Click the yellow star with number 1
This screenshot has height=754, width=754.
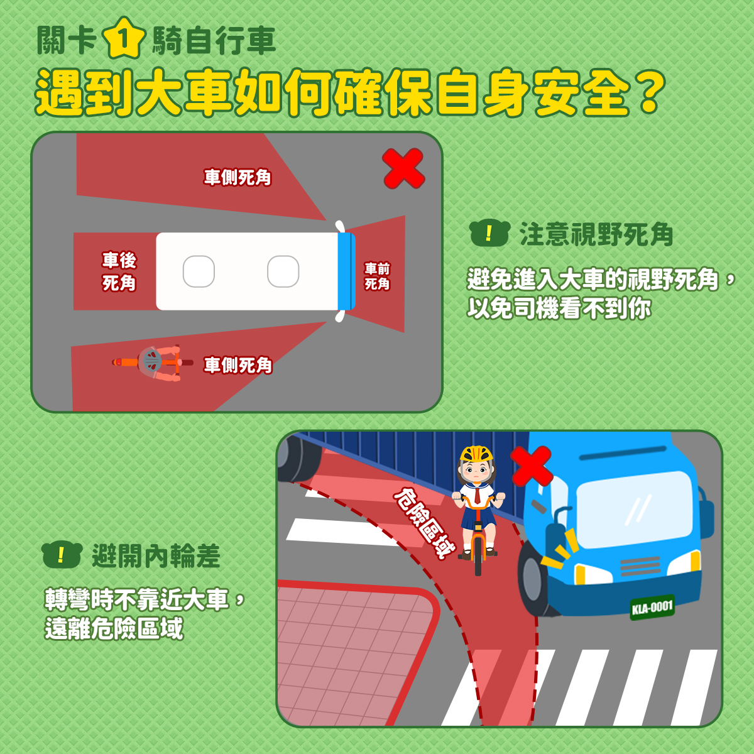click(124, 39)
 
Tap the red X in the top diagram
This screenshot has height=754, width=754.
click(403, 168)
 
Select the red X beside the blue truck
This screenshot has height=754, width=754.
click(532, 466)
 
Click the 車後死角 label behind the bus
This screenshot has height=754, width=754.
click(119, 271)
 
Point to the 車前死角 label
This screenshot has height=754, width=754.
click(377, 276)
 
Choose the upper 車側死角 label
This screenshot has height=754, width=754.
click(238, 177)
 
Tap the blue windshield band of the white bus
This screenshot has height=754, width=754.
click(346, 271)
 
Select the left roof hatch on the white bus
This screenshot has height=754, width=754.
click(199, 271)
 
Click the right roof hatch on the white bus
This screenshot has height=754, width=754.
click(283, 271)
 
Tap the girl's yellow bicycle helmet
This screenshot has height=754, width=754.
click(476, 454)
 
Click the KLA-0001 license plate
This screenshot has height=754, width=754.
click(652, 608)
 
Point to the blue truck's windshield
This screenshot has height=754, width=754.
click(634, 509)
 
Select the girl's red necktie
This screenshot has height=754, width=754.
click(478, 494)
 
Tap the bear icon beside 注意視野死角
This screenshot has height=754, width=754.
click(489, 233)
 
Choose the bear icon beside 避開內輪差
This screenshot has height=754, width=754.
click(62, 554)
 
